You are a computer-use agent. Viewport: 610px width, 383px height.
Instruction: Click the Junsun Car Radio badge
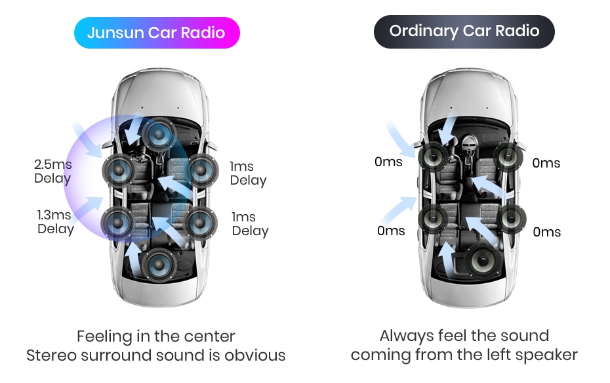click(x=156, y=33)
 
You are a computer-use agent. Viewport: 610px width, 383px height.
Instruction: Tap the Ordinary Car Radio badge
click(x=464, y=31)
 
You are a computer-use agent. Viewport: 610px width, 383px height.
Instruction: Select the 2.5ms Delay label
click(x=52, y=171)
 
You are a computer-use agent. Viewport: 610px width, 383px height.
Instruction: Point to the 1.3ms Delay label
click(x=55, y=221)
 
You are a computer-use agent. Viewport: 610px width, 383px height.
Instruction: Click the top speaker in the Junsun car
click(x=158, y=133)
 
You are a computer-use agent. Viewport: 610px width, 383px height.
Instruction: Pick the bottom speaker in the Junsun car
click(x=159, y=265)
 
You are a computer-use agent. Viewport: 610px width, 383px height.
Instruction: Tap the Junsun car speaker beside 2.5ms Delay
click(x=118, y=171)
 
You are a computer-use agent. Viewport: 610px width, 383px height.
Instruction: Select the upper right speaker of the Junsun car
click(x=201, y=170)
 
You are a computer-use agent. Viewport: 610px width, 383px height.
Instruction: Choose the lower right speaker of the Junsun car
click(x=201, y=222)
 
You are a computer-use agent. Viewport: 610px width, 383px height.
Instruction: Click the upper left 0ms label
click(x=388, y=162)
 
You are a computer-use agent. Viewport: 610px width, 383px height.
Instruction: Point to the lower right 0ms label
click(x=546, y=232)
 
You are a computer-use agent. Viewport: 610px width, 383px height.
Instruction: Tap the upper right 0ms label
click(x=546, y=163)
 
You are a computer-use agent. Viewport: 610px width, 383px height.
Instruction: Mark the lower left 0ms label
click(x=391, y=231)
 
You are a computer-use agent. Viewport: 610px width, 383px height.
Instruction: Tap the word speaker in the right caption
click(x=545, y=355)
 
